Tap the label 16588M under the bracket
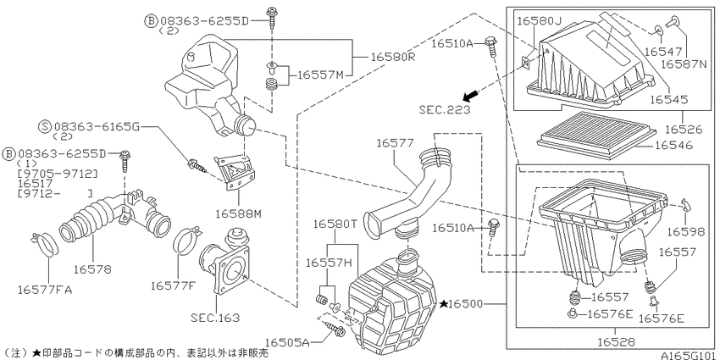coord(238,213)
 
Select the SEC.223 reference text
coord(445,110)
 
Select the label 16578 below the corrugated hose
coord(91,269)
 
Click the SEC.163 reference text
coord(216,318)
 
